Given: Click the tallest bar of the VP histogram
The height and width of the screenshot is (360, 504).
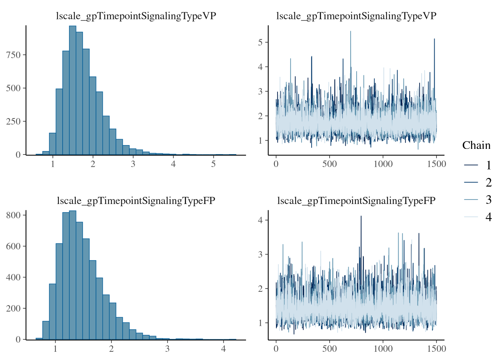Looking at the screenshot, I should pos(72,90).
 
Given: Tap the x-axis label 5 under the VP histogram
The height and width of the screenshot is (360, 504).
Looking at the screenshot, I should pos(213,164).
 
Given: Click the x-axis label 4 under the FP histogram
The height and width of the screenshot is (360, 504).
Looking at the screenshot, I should pos(223,349).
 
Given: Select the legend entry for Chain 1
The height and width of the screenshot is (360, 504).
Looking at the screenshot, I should pos(476,165).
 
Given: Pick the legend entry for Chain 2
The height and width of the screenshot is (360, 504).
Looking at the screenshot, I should pos(476,183).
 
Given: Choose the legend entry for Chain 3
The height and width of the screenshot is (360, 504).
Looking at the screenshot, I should pos(476,200).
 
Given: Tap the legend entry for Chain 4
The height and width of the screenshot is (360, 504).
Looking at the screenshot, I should pos(476,217).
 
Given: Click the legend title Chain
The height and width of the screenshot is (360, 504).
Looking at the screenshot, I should pos(476,145).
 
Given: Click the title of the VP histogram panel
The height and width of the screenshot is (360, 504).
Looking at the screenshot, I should pos(136,16).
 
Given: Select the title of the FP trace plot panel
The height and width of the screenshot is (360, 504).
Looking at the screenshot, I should pos(356,201).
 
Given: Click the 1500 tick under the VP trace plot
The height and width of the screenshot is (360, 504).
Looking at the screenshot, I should pos(436,164).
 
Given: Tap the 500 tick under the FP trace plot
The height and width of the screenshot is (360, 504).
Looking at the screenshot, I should pos(330,349).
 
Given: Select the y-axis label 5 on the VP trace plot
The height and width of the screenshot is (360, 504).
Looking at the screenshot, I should pos(260,42).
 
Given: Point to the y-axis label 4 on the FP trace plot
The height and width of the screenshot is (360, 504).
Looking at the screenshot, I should pos(260,220).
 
